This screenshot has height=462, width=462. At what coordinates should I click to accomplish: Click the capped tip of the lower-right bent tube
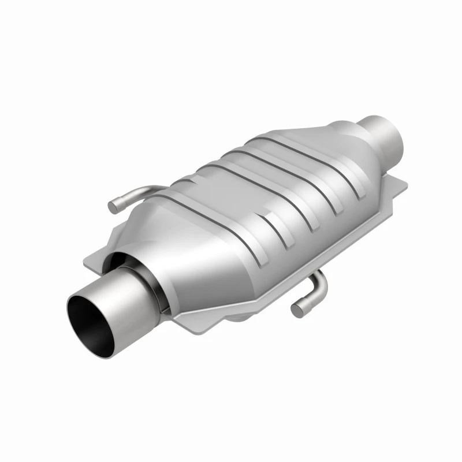(x=297, y=310)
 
